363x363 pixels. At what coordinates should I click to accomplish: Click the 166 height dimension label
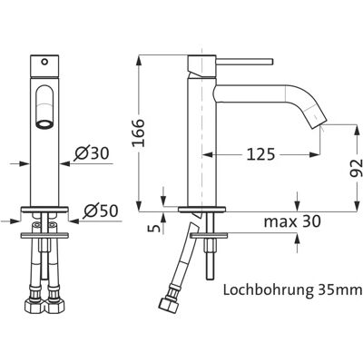tap(139, 132)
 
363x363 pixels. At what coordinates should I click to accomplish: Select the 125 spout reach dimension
tap(260, 155)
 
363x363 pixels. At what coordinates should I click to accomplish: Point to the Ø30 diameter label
tap(92, 154)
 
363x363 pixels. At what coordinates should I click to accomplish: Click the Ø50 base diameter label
tap(100, 211)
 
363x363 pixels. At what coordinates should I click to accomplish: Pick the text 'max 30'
tap(292, 221)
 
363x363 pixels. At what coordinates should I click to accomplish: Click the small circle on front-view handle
tap(44, 62)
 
